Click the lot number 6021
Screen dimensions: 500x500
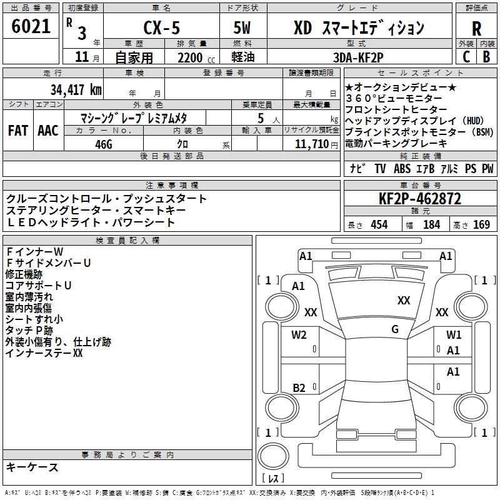coord(31,26)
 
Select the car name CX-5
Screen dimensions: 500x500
coord(162,27)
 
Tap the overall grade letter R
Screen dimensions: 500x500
coord(476,29)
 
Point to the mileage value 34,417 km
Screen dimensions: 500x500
coord(76,89)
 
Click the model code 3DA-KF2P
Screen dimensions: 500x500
coord(358,57)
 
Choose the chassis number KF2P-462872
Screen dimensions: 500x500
coord(420,199)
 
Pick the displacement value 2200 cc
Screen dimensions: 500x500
coord(196,57)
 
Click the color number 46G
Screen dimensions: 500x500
coord(104,144)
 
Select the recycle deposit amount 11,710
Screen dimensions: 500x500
coord(312,144)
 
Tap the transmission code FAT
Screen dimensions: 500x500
coord(18,131)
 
